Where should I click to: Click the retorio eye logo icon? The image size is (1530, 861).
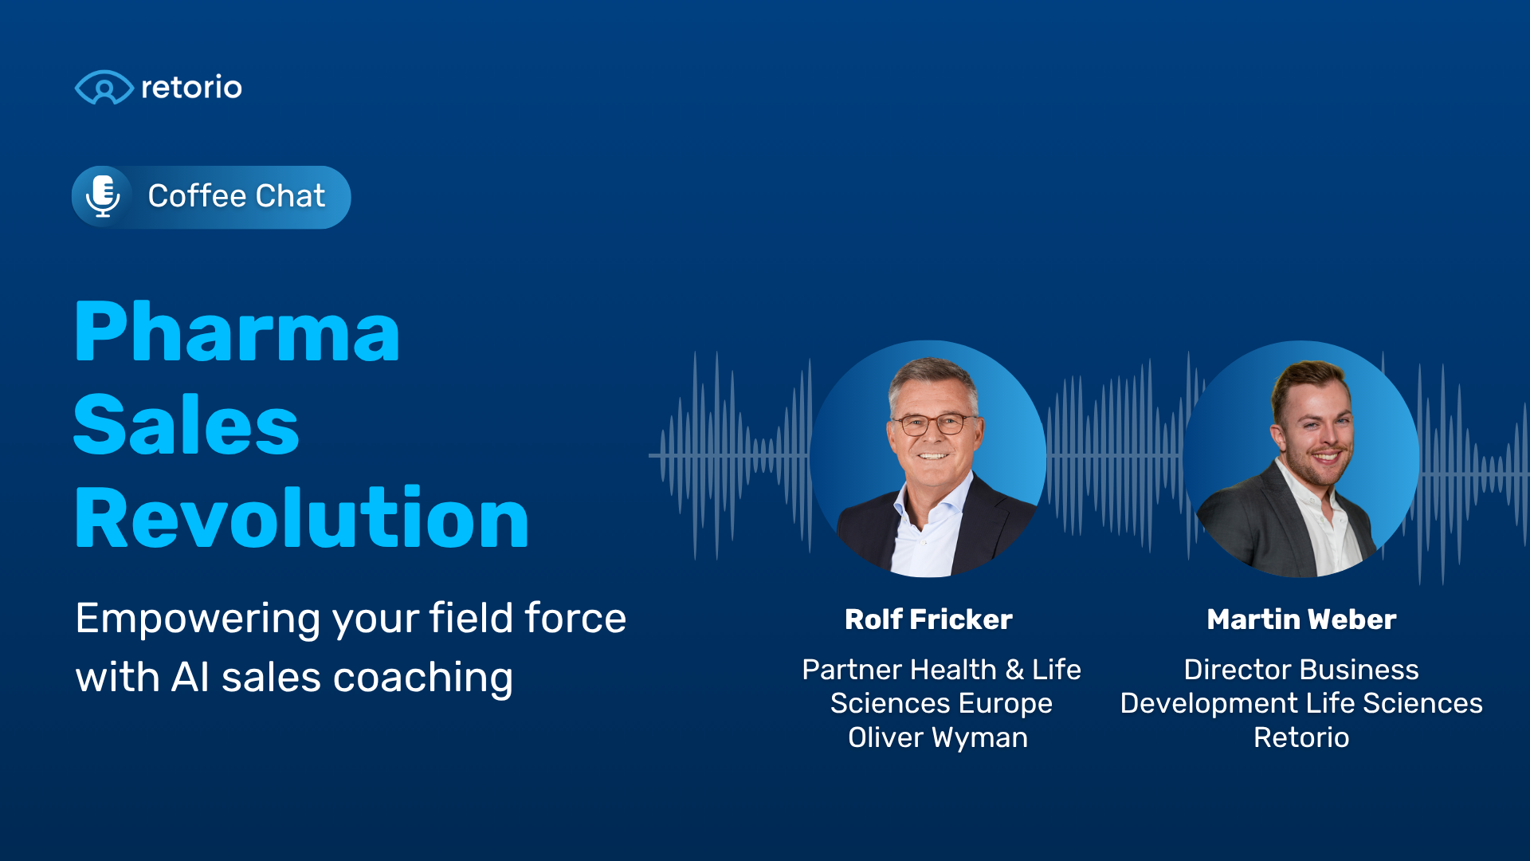click(x=104, y=87)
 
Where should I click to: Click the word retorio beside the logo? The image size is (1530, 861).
click(x=191, y=87)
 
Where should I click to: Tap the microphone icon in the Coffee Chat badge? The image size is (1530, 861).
click(x=103, y=196)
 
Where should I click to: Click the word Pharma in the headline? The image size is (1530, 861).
click(x=237, y=332)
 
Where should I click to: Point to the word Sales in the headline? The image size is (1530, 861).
click(x=186, y=425)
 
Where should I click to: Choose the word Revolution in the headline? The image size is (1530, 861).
click(x=301, y=517)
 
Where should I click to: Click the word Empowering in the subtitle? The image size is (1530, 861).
click(x=198, y=619)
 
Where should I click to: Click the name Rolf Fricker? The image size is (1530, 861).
click(x=928, y=619)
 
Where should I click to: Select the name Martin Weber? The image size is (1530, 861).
click(x=1301, y=619)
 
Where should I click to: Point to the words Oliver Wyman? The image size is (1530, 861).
click(x=938, y=737)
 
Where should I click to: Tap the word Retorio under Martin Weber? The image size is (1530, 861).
click(x=1301, y=737)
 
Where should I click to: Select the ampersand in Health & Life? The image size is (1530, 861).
click(x=1014, y=670)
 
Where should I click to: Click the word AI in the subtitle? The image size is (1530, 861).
click(x=190, y=678)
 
